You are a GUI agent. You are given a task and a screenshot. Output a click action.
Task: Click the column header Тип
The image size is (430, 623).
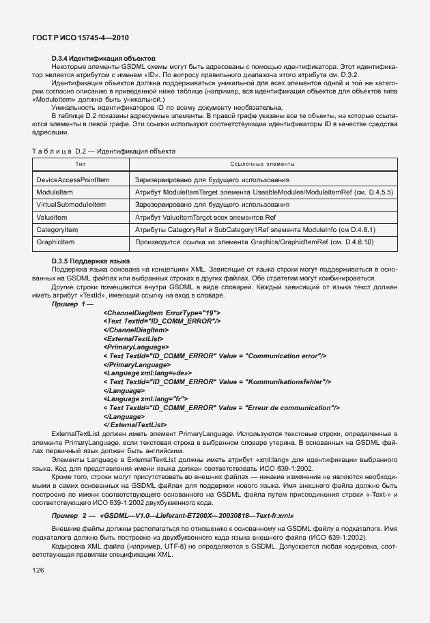80,164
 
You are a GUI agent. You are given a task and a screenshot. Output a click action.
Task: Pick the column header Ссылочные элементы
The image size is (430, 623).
263,164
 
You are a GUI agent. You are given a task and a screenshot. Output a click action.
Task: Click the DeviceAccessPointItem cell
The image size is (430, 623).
73,179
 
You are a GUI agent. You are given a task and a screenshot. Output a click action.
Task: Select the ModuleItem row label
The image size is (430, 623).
55,192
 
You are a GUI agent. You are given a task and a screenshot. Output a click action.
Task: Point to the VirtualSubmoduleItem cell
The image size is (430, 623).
70,205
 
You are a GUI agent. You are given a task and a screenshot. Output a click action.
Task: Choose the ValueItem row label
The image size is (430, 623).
51,217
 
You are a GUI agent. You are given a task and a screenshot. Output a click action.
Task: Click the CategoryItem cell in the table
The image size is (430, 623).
57,230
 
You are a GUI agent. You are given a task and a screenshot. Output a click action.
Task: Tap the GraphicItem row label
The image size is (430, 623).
55,242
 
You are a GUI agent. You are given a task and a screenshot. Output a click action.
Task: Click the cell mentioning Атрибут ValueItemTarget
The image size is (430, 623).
205,217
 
